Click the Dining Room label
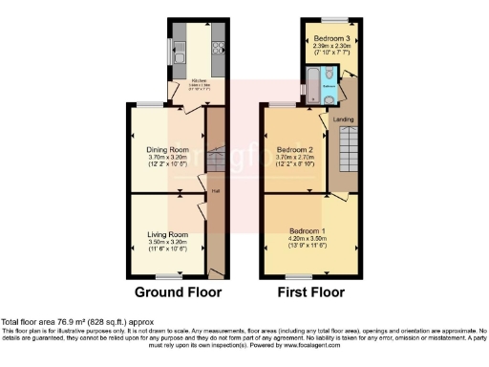point(167,150)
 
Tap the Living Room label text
point(167,234)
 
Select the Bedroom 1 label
point(308,231)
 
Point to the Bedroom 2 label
point(295,150)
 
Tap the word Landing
point(343,119)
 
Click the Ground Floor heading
point(178,291)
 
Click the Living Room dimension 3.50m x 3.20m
point(167,243)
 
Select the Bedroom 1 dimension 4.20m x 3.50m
point(308,239)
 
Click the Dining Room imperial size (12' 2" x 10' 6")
point(167,165)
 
